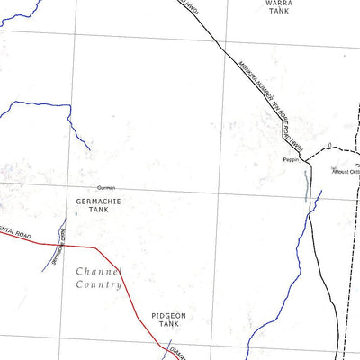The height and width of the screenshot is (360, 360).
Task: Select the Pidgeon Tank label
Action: [167, 320]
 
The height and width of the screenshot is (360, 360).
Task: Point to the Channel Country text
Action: [98, 277]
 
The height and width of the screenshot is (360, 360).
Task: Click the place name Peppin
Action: [290, 160]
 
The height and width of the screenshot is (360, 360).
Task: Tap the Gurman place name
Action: [106, 188]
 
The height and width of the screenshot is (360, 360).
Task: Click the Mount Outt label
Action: [346, 170]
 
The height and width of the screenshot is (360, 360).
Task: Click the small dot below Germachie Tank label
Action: [76, 214]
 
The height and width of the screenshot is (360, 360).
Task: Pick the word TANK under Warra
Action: [279, 14]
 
